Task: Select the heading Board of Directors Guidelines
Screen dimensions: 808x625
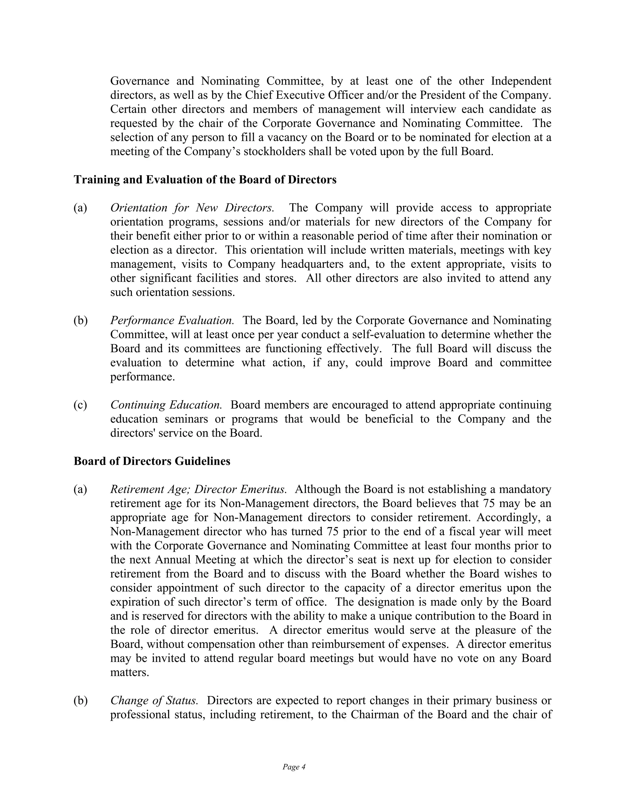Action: (x=152, y=461)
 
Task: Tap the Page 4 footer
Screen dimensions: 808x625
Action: (x=294, y=767)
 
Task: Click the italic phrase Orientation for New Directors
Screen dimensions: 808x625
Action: (x=192, y=208)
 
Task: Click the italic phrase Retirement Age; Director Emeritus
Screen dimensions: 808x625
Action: (x=198, y=489)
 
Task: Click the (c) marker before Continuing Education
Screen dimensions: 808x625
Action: (x=80, y=405)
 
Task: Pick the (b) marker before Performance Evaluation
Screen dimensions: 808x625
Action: (x=80, y=320)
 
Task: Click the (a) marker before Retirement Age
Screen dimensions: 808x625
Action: (x=80, y=489)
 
